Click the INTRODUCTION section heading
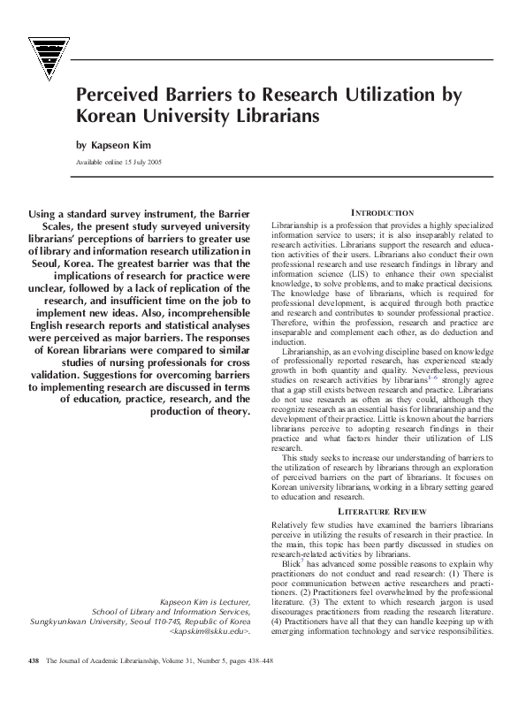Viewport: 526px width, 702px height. pyautogui.click(x=382, y=213)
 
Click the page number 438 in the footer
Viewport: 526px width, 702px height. pyautogui.click(x=34, y=684)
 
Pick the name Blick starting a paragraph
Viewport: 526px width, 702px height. pyautogui.click(x=291, y=563)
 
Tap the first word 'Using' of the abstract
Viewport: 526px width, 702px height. pyautogui.click(x=46, y=214)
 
